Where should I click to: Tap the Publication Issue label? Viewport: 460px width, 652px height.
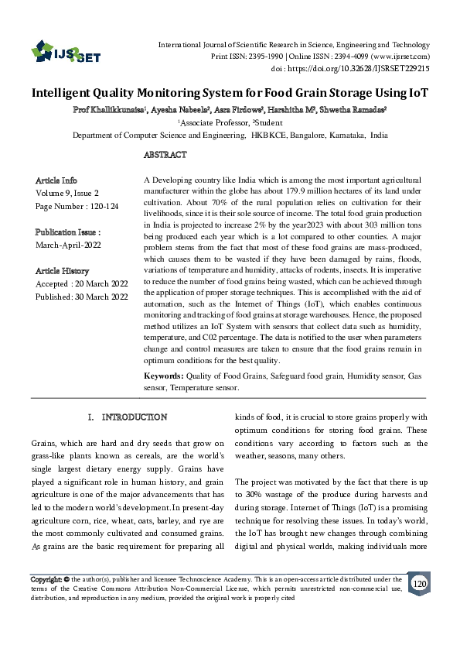(68, 232)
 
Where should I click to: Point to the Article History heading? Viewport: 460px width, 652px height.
(62, 271)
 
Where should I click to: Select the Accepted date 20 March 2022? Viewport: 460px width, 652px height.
(100, 284)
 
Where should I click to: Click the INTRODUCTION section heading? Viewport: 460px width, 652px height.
(135, 417)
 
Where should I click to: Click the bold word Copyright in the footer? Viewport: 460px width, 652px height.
(46, 579)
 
